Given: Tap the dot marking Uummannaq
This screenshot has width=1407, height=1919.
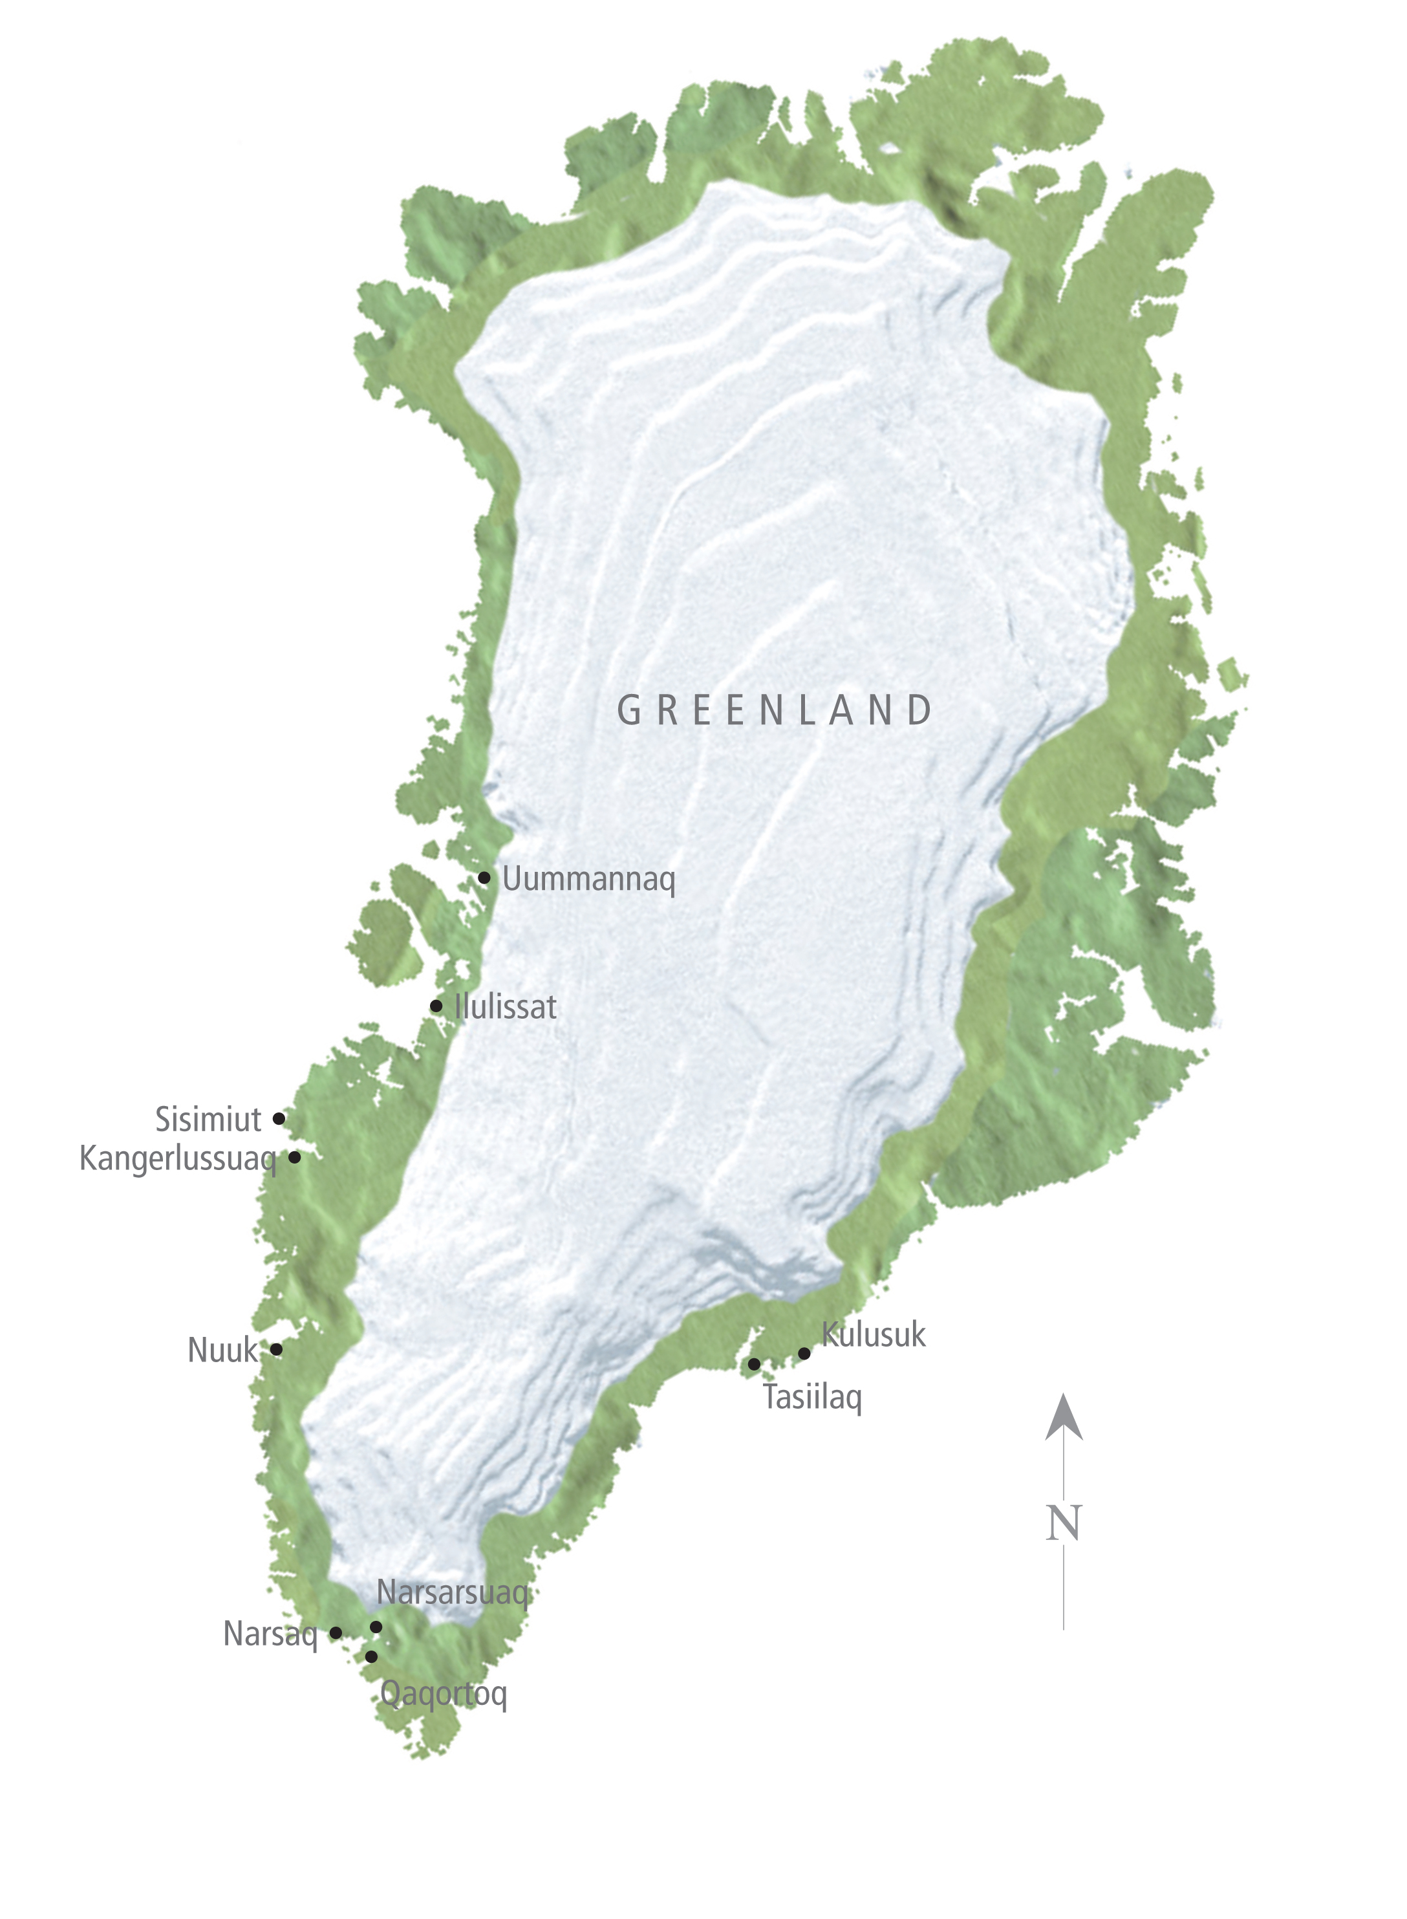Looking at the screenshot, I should click(484, 877).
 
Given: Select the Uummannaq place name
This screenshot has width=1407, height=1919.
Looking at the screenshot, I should click(588, 879).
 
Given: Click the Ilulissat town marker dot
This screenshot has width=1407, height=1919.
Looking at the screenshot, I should click(436, 1006).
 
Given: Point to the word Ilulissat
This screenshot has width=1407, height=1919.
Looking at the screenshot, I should click(506, 1007).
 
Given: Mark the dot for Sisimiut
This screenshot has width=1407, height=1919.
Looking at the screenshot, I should click(279, 1118).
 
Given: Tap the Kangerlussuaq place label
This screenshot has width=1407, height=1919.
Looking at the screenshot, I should click(177, 1159).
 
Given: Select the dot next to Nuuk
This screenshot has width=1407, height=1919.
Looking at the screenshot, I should click(276, 1349).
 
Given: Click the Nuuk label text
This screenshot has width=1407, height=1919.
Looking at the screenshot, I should click(222, 1351).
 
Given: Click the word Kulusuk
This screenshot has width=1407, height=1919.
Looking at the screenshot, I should click(874, 1335).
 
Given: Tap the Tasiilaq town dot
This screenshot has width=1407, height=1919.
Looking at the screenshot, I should click(754, 1365).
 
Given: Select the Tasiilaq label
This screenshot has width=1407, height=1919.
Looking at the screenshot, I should click(813, 1398).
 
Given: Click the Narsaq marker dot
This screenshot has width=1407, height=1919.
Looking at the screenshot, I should click(336, 1633).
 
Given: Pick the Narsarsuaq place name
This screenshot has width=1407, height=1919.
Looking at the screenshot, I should click(453, 1593).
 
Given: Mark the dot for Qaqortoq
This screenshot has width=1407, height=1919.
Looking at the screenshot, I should click(371, 1656).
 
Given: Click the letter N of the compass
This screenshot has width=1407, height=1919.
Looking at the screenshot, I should click(1064, 1524).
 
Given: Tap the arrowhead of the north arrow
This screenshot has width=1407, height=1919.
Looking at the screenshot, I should click(1064, 1419).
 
